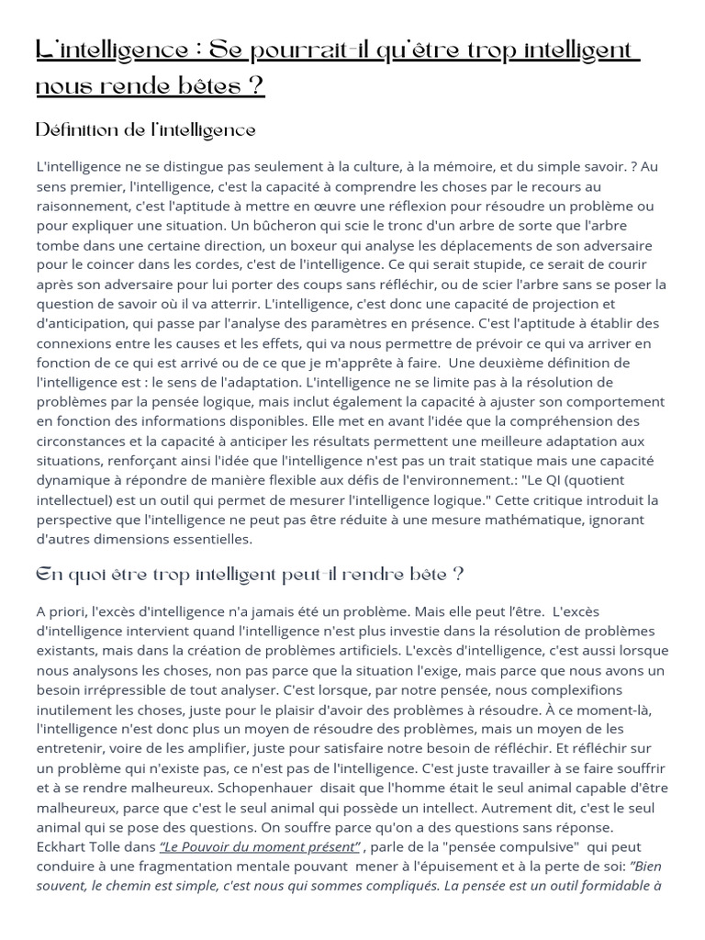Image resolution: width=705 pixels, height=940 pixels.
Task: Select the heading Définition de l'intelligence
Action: [x=145, y=130]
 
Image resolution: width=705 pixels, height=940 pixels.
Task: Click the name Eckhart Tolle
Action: [x=78, y=846]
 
